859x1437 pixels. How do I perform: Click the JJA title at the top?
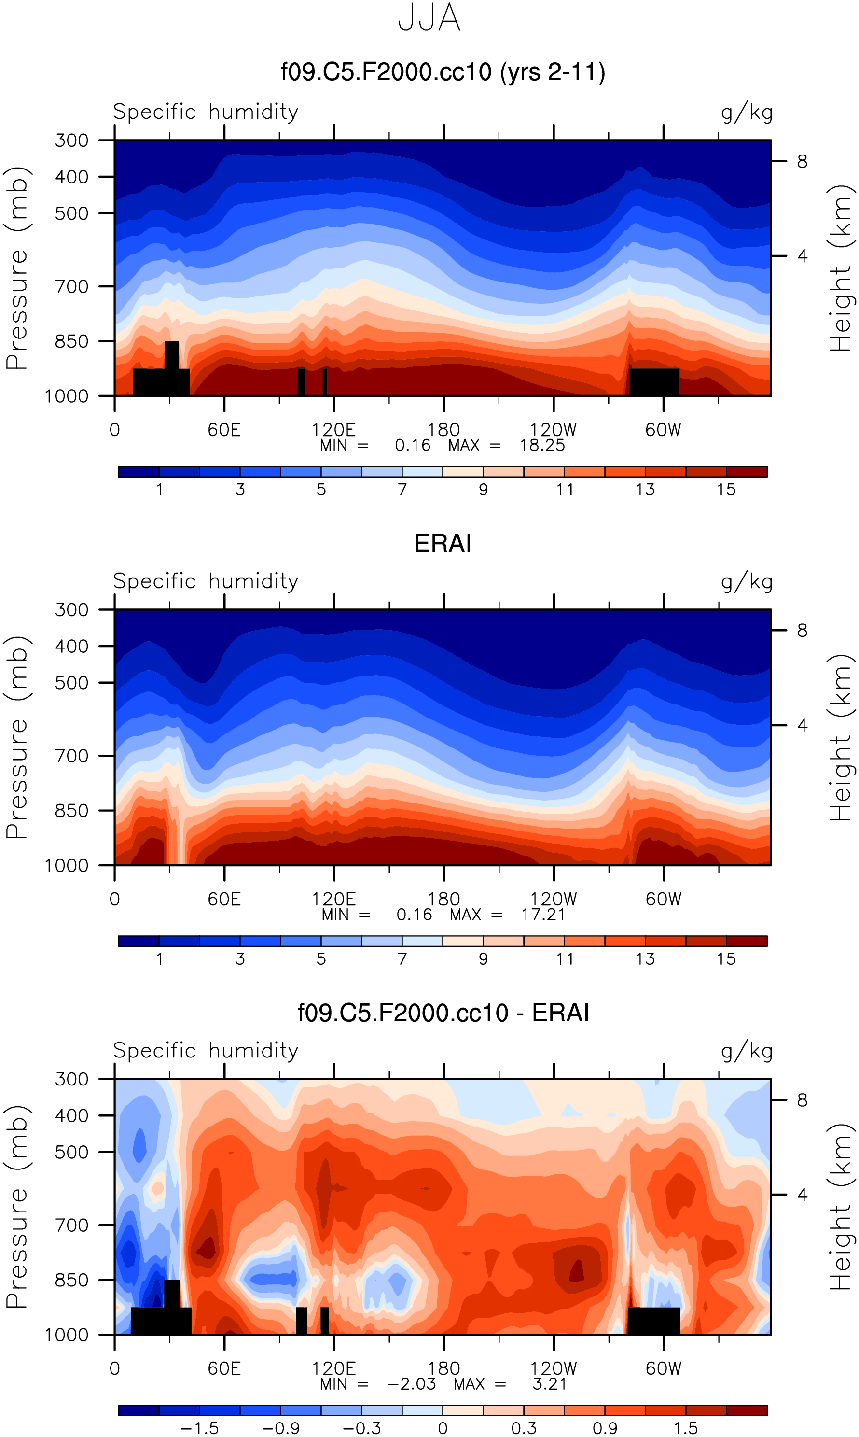[x=429, y=18]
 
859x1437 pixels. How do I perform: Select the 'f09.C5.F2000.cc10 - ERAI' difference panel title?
[x=443, y=1013]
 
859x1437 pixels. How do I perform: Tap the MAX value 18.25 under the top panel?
[x=542, y=445]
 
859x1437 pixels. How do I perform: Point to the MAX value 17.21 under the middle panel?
[x=543, y=915]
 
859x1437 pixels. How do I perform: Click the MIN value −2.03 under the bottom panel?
[x=411, y=1384]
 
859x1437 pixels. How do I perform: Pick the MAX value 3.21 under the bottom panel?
[x=549, y=1384]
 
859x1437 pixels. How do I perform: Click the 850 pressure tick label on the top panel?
[x=72, y=342]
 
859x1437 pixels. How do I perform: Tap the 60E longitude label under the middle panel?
[x=224, y=900]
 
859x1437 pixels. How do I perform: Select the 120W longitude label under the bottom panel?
[x=554, y=1368]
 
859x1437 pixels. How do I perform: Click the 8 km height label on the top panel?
[x=802, y=162]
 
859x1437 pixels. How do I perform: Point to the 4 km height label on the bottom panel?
[x=802, y=1194]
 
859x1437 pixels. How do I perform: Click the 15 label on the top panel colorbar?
[x=726, y=490]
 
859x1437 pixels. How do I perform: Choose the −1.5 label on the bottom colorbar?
[x=200, y=1428]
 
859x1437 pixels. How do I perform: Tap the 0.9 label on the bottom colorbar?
[x=605, y=1428]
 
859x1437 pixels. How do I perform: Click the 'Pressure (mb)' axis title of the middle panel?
[x=17, y=737]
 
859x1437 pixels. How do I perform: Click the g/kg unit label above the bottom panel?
[x=746, y=1051]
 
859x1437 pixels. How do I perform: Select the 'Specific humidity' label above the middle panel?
[x=206, y=581]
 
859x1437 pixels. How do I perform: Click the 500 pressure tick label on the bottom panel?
[x=72, y=1152]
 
